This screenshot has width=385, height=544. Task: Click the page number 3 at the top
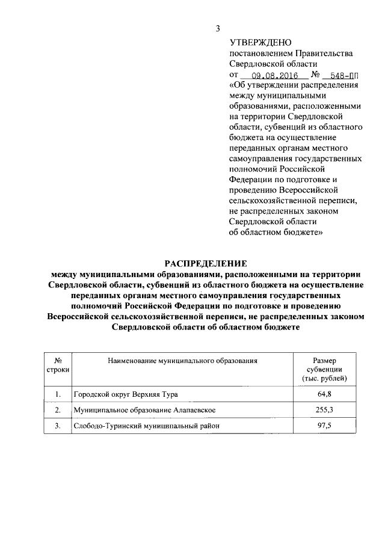(218, 28)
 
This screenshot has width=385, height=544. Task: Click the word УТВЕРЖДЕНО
(260, 43)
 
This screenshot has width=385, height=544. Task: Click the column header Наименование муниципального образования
(183, 361)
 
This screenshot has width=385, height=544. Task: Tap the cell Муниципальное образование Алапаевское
(144, 411)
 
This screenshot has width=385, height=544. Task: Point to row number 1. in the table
(58, 395)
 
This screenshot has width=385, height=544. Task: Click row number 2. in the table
(58, 411)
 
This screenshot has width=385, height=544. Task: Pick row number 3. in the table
(58, 426)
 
